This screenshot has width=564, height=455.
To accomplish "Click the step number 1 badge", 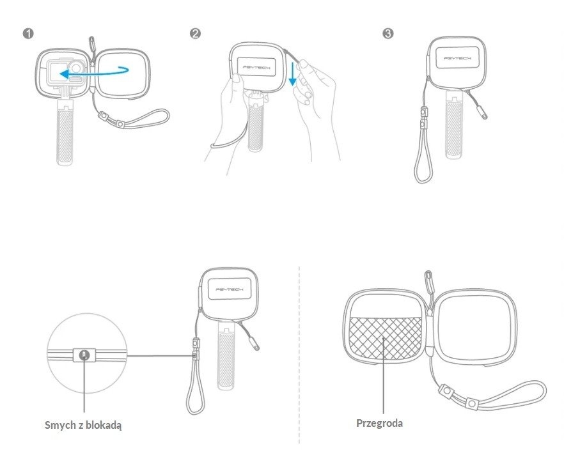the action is click(x=27, y=34).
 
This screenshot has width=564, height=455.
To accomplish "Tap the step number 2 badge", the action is click(x=195, y=34).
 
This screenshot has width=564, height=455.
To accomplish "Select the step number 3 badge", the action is click(x=388, y=34).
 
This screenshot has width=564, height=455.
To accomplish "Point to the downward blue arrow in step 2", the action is click(x=293, y=73).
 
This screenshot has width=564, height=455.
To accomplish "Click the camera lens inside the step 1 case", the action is click(x=76, y=67).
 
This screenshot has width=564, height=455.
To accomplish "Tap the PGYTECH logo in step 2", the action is click(x=256, y=67).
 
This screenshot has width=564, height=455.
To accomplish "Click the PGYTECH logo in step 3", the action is click(x=457, y=58).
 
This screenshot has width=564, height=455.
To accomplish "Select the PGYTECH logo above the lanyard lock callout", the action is click(x=230, y=289).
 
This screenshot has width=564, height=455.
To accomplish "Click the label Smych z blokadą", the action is click(x=83, y=425).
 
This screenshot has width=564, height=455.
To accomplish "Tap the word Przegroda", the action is click(x=379, y=423).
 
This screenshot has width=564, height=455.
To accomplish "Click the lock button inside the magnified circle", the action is click(x=84, y=355).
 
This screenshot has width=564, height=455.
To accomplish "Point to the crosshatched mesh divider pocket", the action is click(x=385, y=338).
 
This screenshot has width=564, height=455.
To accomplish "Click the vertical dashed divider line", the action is click(x=299, y=355).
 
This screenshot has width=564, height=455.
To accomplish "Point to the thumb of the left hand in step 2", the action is click(x=235, y=82).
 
